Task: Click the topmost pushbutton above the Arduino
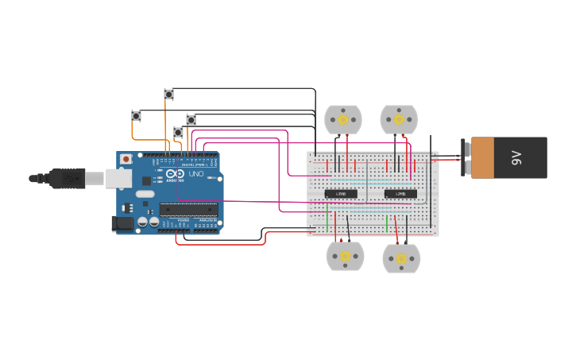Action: (168, 94)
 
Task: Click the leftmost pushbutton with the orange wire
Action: (136, 116)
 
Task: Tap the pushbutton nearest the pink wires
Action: (191, 120)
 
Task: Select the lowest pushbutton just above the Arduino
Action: (178, 132)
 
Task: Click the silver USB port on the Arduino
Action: (118, 178)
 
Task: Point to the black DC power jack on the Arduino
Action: (122, 223)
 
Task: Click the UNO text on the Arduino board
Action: (195, 173)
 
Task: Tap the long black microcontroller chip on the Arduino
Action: (188, 209)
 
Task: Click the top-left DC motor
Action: (343, 120)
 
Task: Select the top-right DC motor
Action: (399, 120)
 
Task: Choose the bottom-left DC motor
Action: (346, 257)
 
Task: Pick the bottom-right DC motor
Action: (401, 258)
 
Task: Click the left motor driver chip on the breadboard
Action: (341, 193)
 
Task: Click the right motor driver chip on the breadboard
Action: (400, 193)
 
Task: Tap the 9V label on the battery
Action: (516, 157)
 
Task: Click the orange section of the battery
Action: (482, 157)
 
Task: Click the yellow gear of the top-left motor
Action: (343, 120)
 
